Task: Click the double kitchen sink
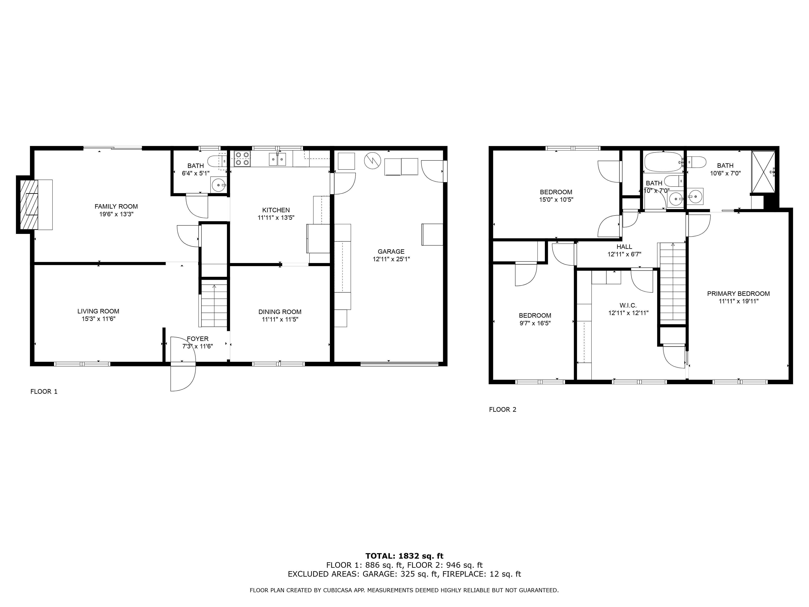coord(277,159)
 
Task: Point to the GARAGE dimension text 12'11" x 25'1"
coord(391,259)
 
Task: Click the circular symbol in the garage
coord(372,161)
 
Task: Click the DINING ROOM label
coord(280,312)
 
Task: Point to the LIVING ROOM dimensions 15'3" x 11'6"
coord(98,319)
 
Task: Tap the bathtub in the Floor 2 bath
coord(663,162)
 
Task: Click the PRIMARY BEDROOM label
coord(738,293)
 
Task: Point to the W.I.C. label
coord(628,305)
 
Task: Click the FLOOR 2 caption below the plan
coord(503,410)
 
